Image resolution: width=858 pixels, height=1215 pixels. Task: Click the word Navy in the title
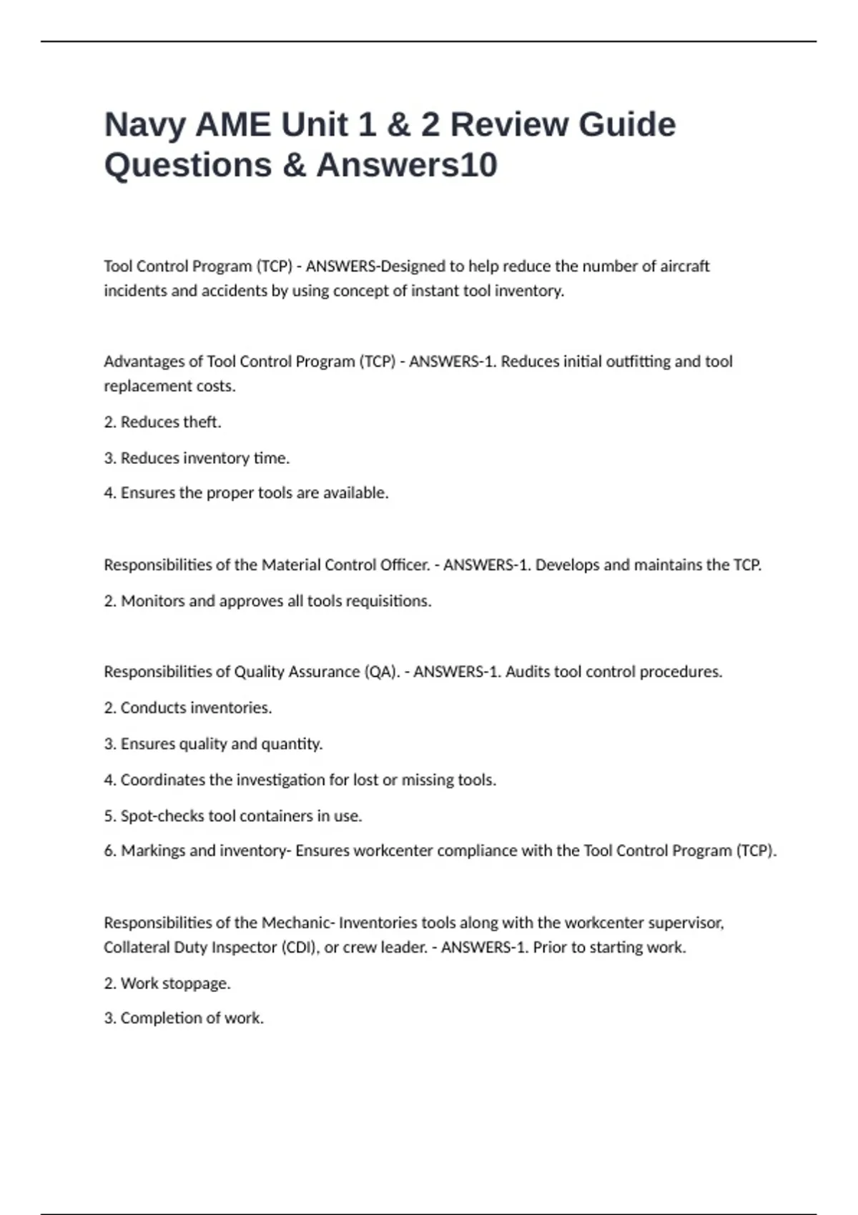click(x=144, y=125)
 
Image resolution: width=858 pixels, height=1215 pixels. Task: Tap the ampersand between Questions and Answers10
click(x=293, y=165)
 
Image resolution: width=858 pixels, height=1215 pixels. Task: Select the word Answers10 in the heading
click(x=406, y=165)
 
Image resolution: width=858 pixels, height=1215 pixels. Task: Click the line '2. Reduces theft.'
click(x=162, y=422)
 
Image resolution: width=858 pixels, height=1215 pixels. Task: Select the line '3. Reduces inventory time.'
click(x=197, y=457)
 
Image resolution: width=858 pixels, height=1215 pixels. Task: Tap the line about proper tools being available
click(x=246, y=492)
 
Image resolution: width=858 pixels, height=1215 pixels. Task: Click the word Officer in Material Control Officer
click(x=404, y=565)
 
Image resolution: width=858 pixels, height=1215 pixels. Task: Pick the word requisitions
click(x=390, y=600)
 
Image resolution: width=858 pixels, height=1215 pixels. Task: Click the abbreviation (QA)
click(x=382, y=672)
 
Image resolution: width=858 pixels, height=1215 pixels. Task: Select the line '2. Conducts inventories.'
click(x=187, y=708)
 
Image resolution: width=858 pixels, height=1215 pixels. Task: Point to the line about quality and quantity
click(x=213, y=743)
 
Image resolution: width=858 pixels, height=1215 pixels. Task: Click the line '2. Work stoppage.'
click(x=167, y=983)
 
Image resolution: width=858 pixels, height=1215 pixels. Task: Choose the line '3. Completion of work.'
click(x=184, y=1018)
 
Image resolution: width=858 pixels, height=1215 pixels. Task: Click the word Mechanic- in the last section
click(x=298, y=923)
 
